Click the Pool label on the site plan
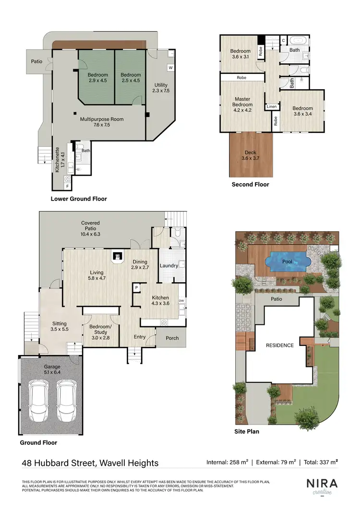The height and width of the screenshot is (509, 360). click(288, 262)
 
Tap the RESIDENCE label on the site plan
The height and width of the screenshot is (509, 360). click(280, 345)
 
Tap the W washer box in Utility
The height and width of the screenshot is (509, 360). click(170, 68)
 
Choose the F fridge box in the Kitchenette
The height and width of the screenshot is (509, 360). click(68, 186)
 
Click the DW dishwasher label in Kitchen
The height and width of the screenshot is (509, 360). click(181, 301)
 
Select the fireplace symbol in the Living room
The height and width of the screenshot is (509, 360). click(117, 256)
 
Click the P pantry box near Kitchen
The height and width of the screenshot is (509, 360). click(137, 288)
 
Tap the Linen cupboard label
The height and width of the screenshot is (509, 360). click(272, 107)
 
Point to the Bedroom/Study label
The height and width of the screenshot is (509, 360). click(100, 332)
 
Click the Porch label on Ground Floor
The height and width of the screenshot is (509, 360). click(172, 338)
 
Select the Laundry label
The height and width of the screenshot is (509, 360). click(168, 265)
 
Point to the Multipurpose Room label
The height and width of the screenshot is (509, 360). click(102, 121)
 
